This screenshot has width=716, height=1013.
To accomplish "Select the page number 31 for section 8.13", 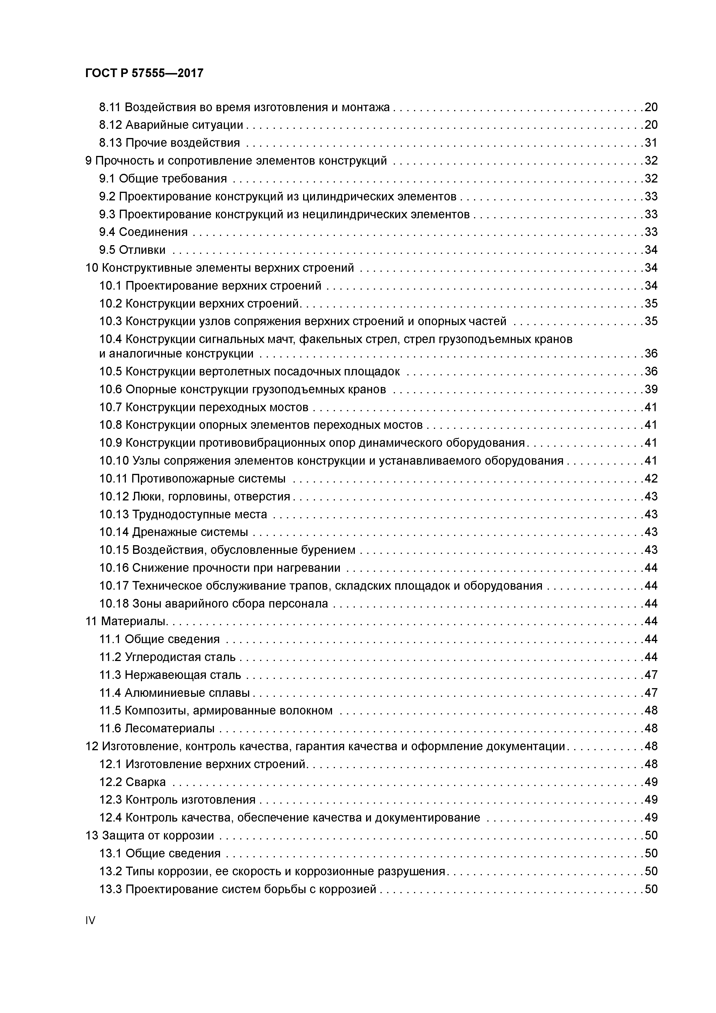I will (x=651, y=143).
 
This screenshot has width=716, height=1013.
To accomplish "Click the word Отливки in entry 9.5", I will (x=142, y=250).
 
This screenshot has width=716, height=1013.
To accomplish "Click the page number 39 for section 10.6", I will (x=651, y=390).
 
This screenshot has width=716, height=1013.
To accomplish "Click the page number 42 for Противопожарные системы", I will (x=651, y=479).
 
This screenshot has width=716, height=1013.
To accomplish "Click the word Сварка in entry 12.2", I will (x=146, y=782).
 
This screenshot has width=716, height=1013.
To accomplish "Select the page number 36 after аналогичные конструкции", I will (x=651, y=354).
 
